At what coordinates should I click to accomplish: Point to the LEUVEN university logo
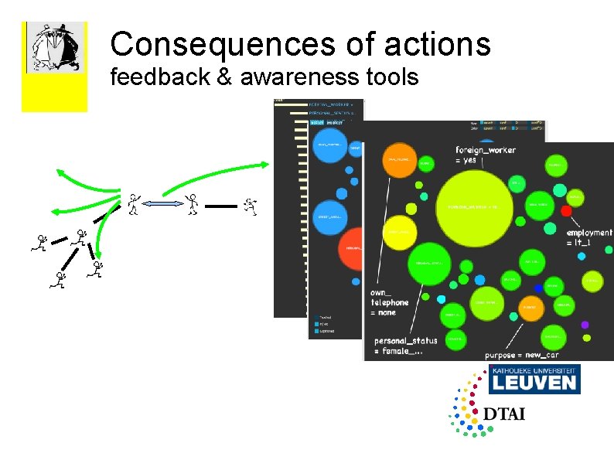tap(534, 380)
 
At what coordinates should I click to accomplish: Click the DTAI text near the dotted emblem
tap(504, 414)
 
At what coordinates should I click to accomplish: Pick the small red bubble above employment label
tap(566, 210)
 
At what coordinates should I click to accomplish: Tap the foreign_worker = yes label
tap(486, 155)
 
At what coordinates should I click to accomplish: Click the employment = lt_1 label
tap(588, 237)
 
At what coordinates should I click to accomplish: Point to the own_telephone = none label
tap(388, 302)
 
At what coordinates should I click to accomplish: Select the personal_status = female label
tap(405, 345)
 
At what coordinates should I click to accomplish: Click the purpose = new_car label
tap(521, 355)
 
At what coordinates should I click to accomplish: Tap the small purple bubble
tap(585, 325)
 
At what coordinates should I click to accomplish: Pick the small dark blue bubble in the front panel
tap(538, 288)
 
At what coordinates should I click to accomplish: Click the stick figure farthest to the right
tap(249, 205)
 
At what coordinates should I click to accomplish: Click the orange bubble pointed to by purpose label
tap(530, 308)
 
